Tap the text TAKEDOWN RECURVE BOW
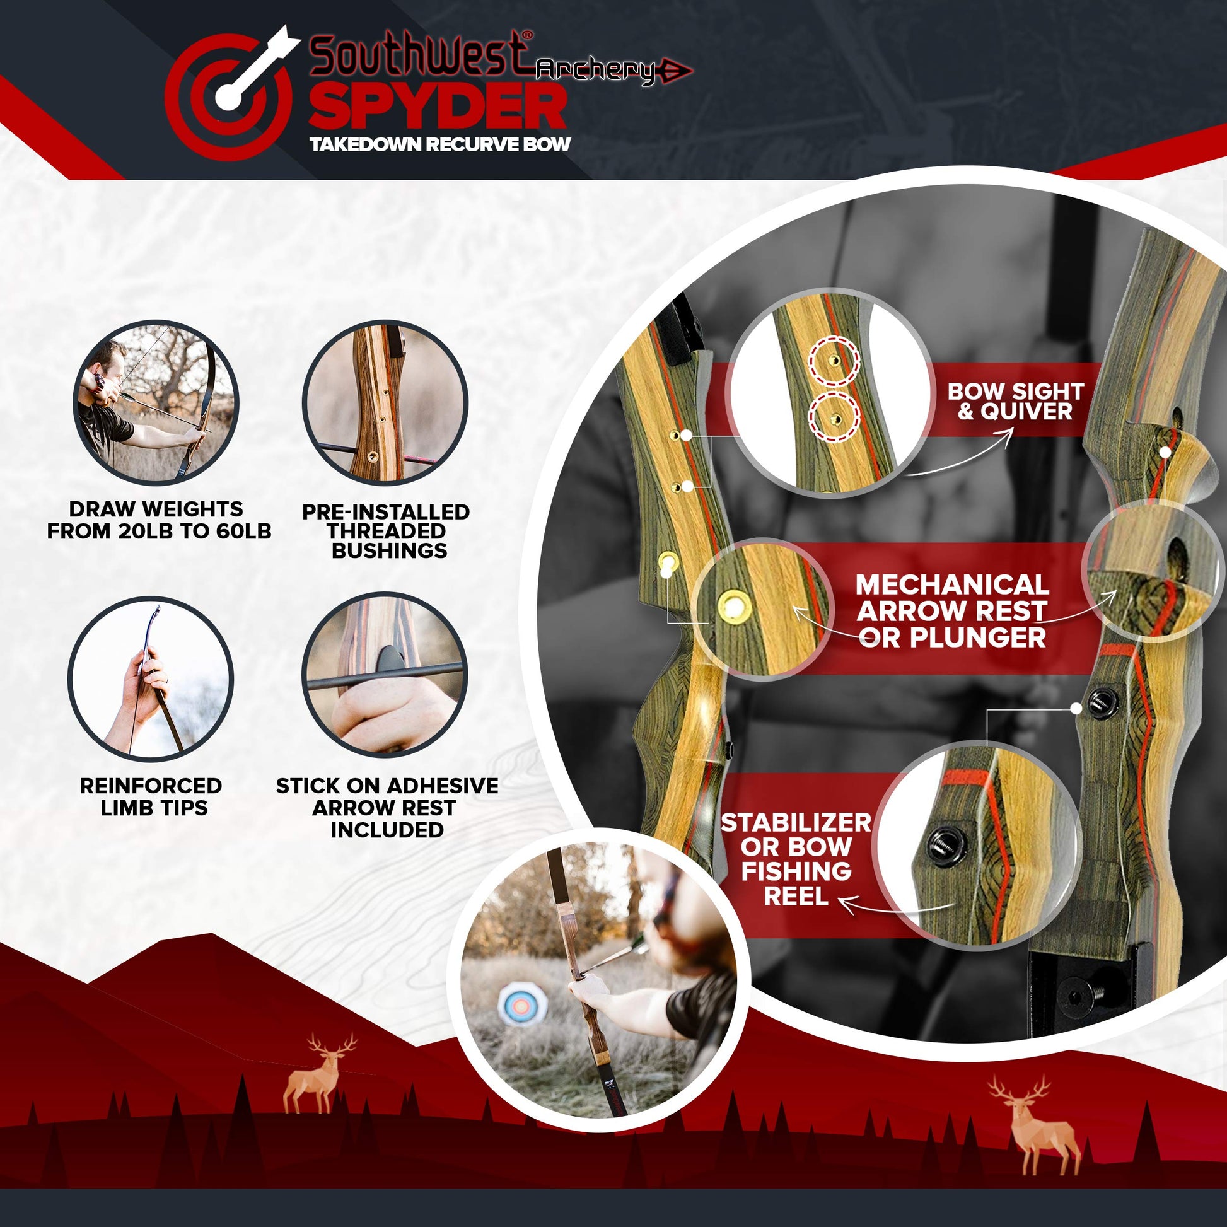point(440,145)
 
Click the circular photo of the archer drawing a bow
point(156,404)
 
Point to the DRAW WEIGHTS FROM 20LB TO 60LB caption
point(160,520)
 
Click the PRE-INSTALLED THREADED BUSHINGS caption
point(386,531)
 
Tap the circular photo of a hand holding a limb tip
point(151,678)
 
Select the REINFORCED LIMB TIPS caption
point(151,796)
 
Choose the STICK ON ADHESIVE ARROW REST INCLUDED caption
point(387,807)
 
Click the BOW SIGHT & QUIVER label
point(1016,401)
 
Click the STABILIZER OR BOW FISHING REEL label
point(796,859)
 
